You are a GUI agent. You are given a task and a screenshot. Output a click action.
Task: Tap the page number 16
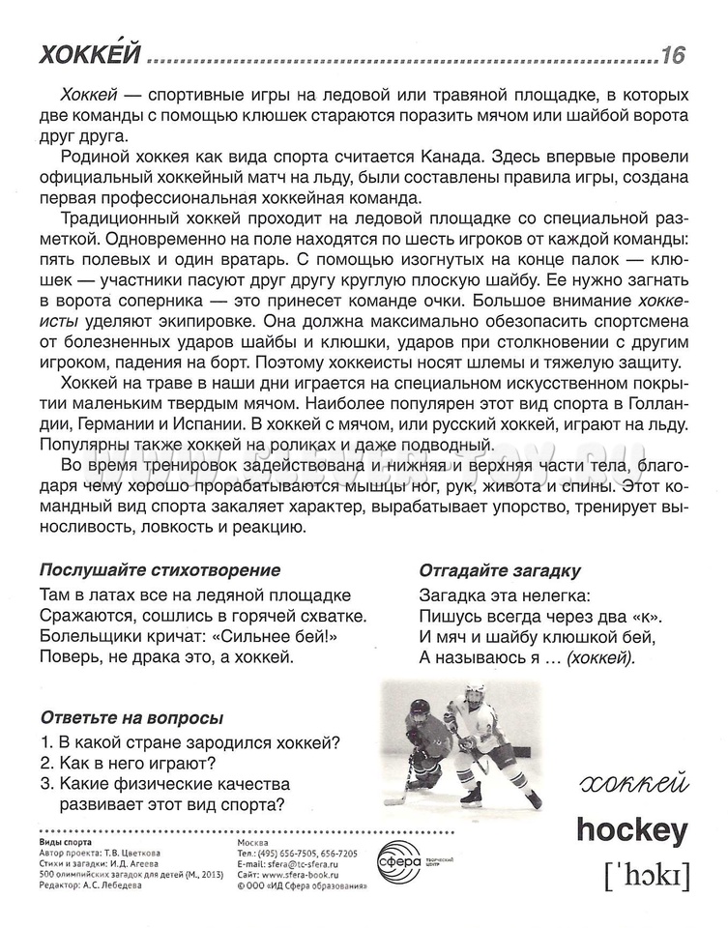pyautogui.click(x=672, y=56)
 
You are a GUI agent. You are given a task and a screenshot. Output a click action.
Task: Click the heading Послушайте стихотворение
pyautogui.click(x=160, y=569)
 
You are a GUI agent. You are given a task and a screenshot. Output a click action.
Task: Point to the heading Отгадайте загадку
pyautogui.click(x=500, y=569)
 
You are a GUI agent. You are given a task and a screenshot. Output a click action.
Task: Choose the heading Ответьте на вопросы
pyautogui.click(x=131, y=718)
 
